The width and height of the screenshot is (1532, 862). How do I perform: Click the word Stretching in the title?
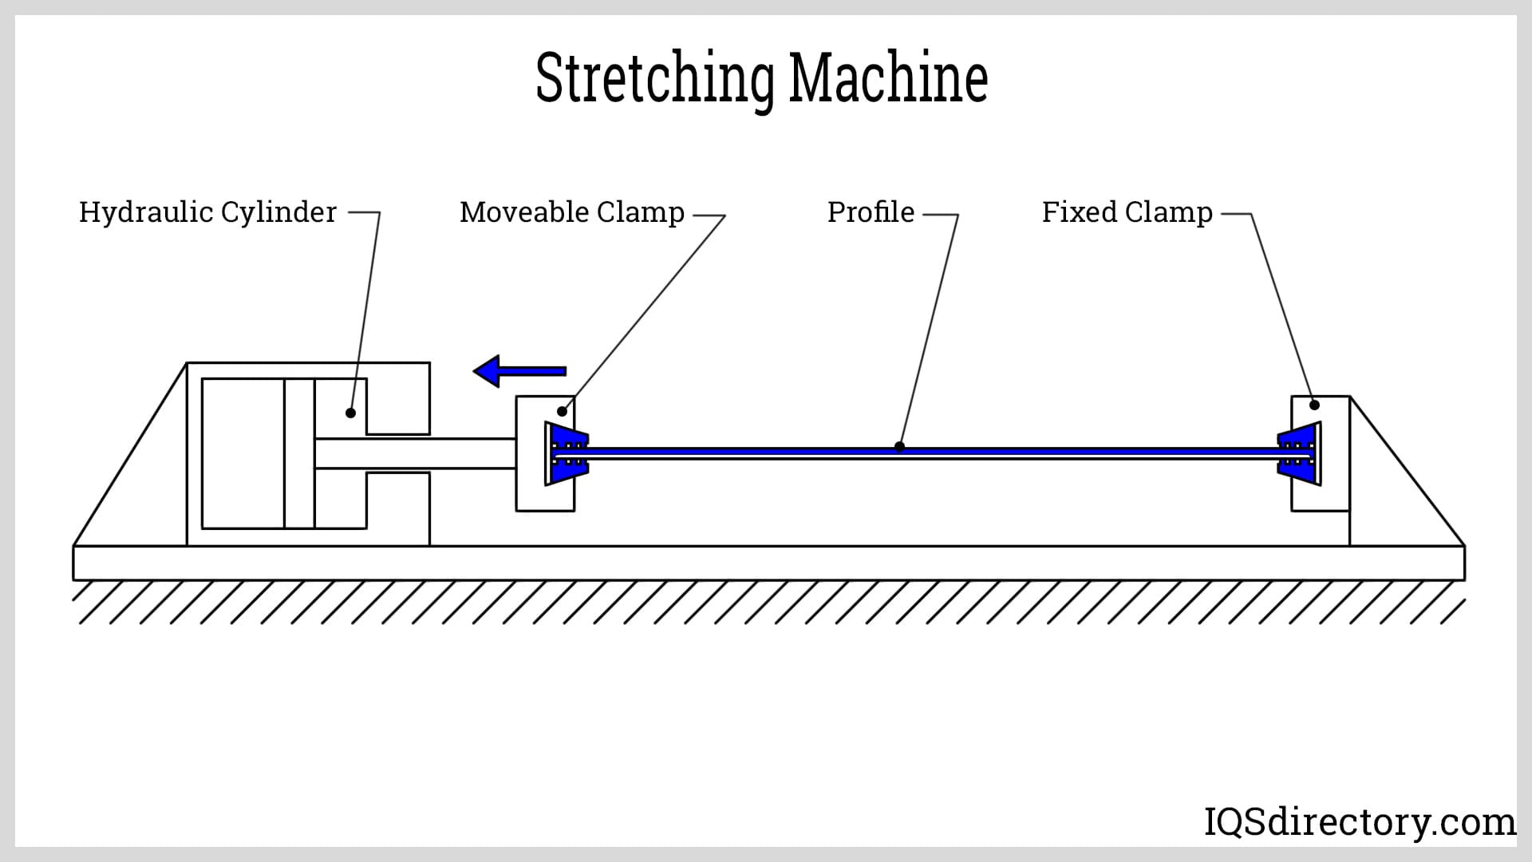tap(654, 78)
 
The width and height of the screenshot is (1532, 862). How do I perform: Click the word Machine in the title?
tap(888, 78)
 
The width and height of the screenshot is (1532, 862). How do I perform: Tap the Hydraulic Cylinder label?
tap(207, 212)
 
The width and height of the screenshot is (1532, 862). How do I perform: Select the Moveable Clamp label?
tap(572, 212)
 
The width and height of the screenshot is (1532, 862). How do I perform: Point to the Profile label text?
tap(871, 212)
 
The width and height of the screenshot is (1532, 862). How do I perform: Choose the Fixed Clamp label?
tap(1127, 212)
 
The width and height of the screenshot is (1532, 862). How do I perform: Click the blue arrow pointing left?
tap(519, 371)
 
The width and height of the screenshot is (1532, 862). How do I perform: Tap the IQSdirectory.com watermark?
tap(1359, 821)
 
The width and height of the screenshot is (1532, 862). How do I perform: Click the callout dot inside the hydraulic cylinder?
tap(350, 413)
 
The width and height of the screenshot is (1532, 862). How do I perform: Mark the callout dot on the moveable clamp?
tap(563, 412)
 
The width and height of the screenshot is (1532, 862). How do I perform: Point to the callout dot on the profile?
tap(899, 447)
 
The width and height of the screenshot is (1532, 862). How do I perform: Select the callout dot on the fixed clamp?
tap(1314, 405)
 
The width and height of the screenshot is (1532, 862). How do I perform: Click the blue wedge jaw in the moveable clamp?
tap(566, 453)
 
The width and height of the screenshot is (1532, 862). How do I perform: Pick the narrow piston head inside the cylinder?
tap(299, 453)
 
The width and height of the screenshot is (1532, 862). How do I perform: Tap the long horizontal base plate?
tap(766, 563)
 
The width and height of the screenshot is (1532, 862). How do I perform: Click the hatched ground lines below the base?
tap(766, 602)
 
